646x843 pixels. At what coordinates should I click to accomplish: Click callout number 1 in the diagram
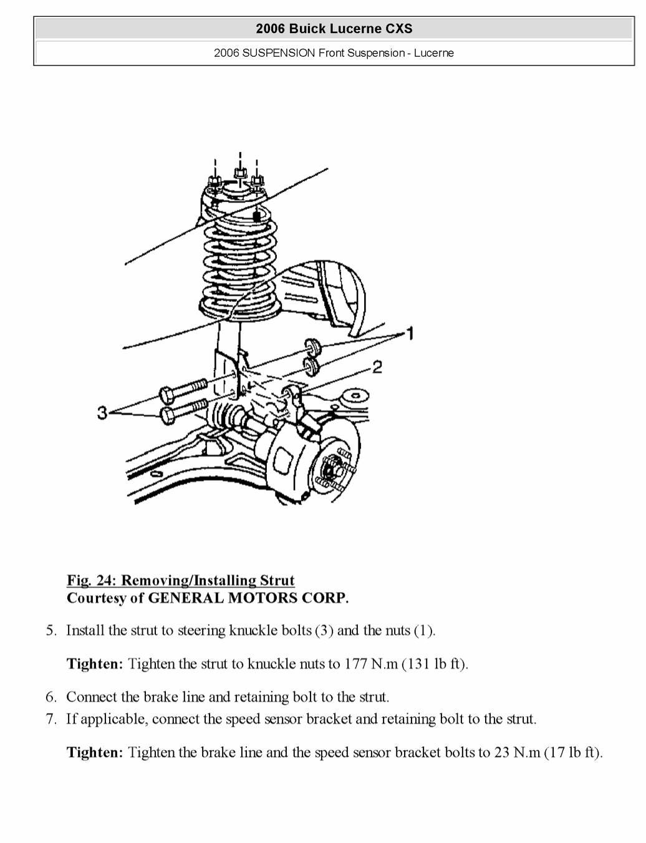(410, 334)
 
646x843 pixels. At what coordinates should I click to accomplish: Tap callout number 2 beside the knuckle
(377, 367)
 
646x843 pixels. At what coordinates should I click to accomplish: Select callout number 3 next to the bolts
(103, 412)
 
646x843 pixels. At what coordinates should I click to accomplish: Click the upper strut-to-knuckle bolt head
(168, 395)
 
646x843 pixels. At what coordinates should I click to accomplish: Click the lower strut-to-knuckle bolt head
(168, 415)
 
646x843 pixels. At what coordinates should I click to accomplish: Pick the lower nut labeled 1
(312, 366)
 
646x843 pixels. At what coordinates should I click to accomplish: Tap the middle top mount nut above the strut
(239, 173)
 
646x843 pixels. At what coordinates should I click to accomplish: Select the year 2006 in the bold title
(270, 29)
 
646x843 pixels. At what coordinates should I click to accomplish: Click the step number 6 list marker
(51, 697)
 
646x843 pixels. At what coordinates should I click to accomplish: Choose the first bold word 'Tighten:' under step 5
(95, 663)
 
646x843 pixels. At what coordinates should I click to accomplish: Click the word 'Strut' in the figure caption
(277, 580)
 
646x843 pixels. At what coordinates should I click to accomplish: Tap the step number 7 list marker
(51, 719)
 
